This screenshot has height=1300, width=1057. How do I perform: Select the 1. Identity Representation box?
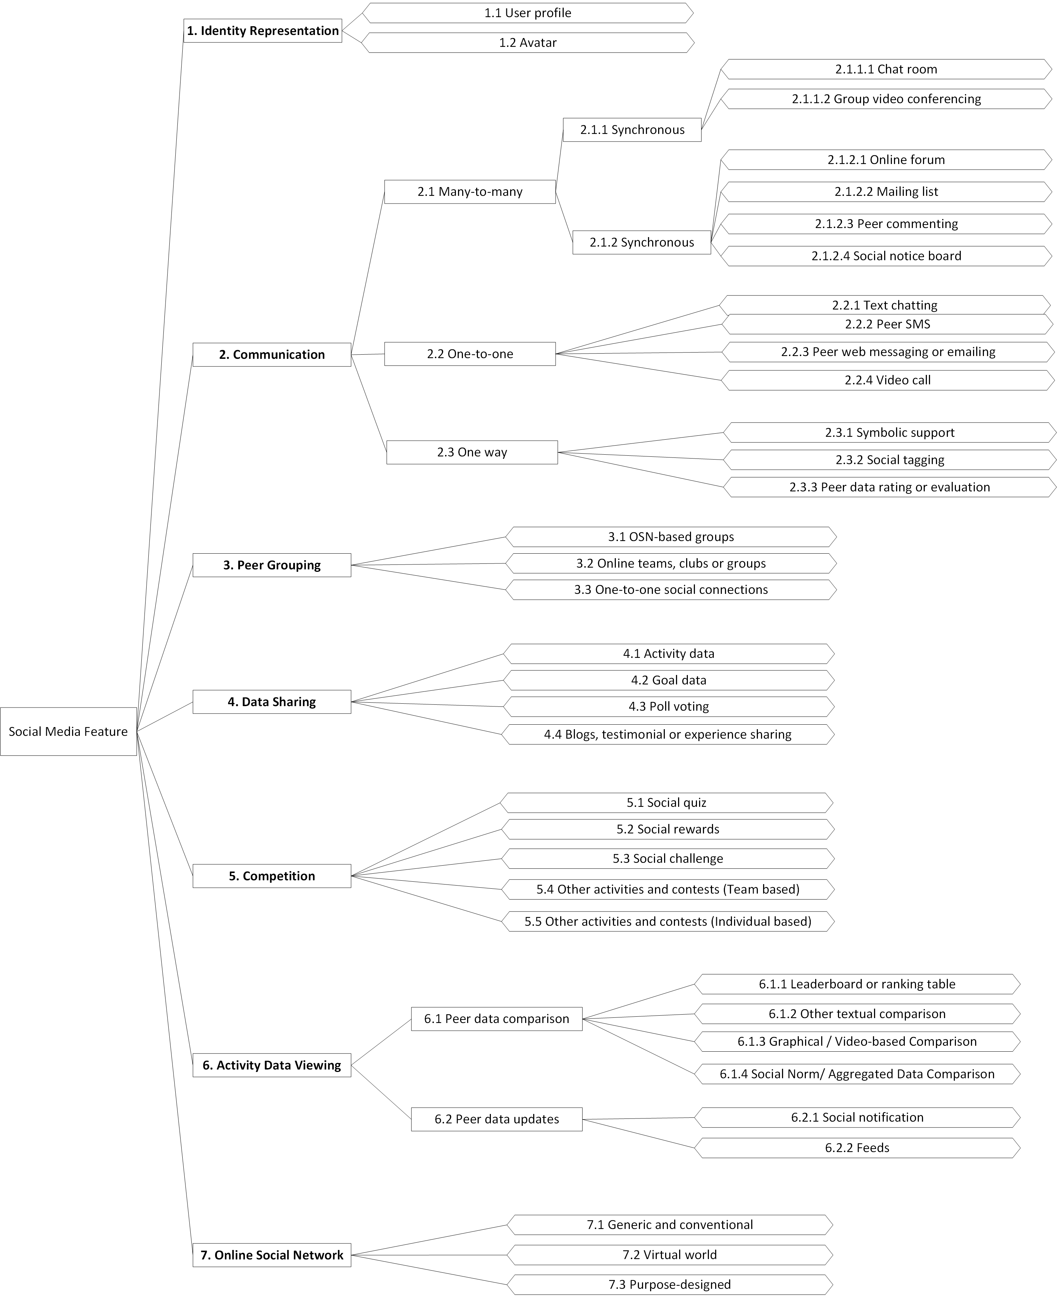(x=262, y=30)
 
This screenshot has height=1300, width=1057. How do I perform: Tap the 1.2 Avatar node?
(x=528, y=43)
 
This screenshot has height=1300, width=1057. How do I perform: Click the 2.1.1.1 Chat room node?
(x=886, y=69)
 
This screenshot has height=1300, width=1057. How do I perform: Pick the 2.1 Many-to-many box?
(x=470, y=192)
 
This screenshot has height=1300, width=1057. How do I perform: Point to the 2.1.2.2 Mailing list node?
(x=886, y=192)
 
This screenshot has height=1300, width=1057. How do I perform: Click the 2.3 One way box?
(x=472, y=452)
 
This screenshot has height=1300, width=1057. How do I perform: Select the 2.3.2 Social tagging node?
(x=889, y=460)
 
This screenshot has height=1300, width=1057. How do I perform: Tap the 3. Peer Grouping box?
(x=272, y=565)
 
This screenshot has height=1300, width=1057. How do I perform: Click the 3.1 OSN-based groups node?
(x=671, y=537)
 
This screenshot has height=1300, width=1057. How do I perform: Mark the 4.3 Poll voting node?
(x=669, y=706)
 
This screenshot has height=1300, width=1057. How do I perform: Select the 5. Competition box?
(x=272, y=876)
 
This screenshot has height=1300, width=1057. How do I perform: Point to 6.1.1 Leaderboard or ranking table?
(x=857, y=984)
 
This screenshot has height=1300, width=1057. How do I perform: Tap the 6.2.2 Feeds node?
(x=857, y=1148)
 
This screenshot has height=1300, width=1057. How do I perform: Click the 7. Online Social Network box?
(x=272, y=1255)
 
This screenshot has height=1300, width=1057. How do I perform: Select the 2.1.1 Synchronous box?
(x=632, y=130)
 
